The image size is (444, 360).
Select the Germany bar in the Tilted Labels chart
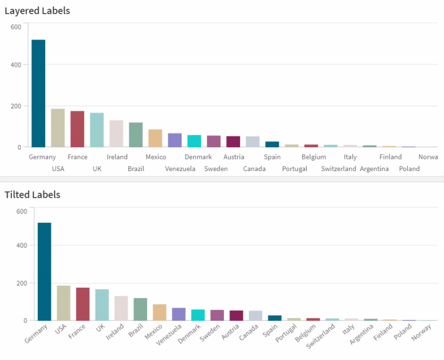coord(44,272)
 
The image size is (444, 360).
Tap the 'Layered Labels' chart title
coord(37,11)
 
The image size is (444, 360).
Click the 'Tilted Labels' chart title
coord(32,195)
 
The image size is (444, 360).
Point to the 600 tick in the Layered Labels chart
coord(16,27)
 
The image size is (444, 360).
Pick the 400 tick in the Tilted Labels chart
coord(22,246)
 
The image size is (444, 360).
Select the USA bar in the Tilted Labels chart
coord(63,303)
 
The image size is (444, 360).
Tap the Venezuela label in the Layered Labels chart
coord(180,169)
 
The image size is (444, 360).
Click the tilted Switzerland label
coord(321,337)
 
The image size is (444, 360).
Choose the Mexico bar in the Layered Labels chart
coord(155,138)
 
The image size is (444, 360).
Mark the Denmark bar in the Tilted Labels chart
coord(198,315)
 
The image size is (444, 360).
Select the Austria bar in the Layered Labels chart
coord(233,142)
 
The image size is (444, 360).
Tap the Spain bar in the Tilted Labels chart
coord(274,318)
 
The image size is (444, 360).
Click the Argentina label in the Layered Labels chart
coord(374,169)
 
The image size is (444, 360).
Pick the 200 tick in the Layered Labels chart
coord(16,106)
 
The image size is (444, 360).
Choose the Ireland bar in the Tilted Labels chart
coord(121,308)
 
